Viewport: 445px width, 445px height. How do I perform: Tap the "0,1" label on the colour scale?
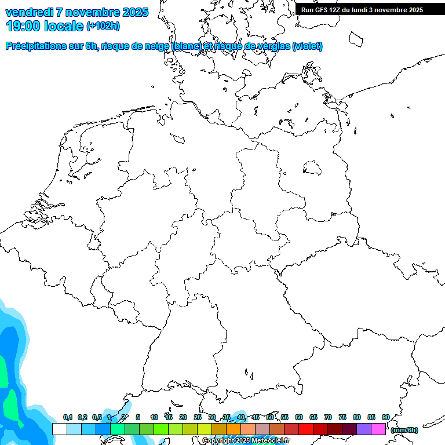[67, 418]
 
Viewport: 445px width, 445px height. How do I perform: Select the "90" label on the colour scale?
[385, 418]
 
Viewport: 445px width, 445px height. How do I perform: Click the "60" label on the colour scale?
[299, 418]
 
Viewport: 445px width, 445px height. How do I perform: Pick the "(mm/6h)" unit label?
[404, 430]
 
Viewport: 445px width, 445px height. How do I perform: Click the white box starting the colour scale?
[59, 429]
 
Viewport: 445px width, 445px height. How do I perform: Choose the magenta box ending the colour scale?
[378, 429]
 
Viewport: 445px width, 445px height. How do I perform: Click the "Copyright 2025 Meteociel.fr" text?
[246, 441]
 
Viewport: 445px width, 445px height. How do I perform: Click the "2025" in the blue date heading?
[135, 12]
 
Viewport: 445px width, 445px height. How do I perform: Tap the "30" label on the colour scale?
[212, 418]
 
